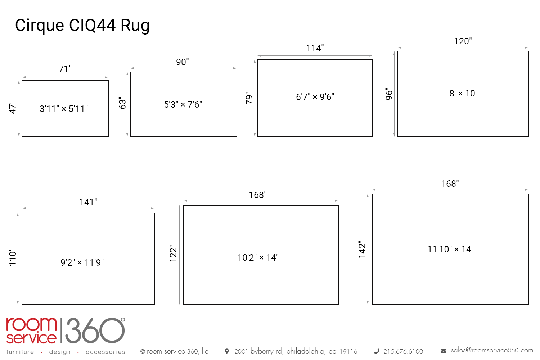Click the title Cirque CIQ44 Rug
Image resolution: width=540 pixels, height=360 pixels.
click(82, 26)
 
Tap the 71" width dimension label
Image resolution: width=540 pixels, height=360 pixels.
click(65, 69)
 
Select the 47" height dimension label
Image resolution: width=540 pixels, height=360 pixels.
click(13, 108)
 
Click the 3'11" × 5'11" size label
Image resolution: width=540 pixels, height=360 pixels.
click(64, 109)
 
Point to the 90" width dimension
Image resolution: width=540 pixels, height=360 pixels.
click(183, 62)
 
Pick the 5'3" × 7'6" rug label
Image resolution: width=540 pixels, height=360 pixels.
click(183, 104)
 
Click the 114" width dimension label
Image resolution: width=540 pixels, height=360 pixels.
click(315, 48)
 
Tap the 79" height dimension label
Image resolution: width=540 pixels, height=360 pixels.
click(249, 98)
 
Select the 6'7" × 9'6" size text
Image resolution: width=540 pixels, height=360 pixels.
click(315, 97)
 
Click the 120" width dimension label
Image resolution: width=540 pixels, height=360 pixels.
click(463, 41)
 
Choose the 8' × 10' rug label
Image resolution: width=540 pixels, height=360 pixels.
click(463, 94)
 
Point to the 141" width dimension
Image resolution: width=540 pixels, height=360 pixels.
click(88, 202)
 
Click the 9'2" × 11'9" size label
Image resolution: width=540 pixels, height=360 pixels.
click(82, 262)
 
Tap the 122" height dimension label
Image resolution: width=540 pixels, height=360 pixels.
click(174, 253)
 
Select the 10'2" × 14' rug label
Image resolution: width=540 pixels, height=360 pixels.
click(257, 257)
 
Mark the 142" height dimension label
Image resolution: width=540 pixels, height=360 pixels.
click(362, 249)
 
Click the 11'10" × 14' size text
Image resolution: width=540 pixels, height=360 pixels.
click(450, 249)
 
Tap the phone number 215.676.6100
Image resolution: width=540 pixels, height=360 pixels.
click(403, 351)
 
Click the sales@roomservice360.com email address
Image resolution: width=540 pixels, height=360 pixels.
click(492, 350)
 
